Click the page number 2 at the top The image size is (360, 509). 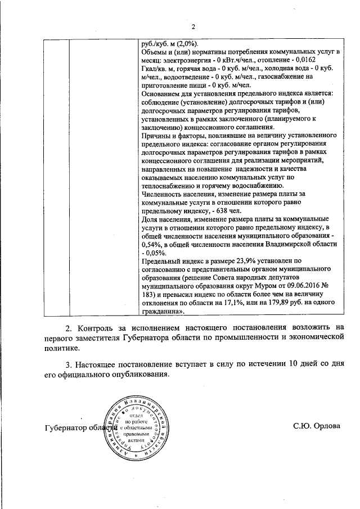click(192, 26)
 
